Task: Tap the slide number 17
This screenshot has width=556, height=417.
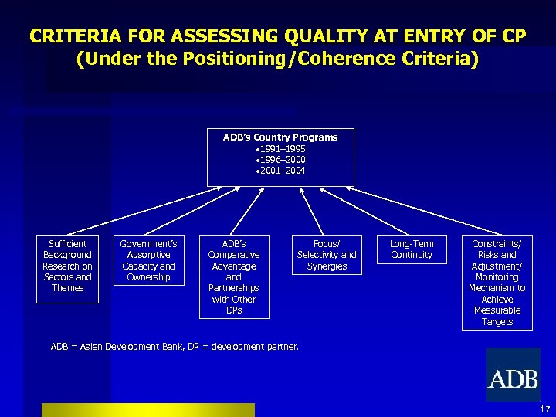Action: tap(545, 409)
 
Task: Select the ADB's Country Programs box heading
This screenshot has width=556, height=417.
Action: tap(280, 137)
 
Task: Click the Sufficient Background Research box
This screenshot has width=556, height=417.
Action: tap(68, 266)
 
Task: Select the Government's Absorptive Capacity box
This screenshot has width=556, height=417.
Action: tap(149, 260)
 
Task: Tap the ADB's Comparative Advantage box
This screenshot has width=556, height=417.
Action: tap(234, 276)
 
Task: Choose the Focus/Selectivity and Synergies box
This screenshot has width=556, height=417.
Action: tap(327, 255)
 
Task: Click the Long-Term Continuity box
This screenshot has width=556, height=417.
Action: tap(412, 249)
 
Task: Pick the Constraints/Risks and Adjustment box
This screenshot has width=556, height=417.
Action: tap(497, 282)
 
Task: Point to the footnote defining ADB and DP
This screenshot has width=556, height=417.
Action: tap(175, 347)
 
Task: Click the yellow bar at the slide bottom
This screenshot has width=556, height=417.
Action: tap(147, 409)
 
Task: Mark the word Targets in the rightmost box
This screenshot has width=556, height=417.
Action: tap(497, 322)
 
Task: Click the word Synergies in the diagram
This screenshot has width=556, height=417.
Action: tap(327, 266)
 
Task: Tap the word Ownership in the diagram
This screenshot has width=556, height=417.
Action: tap(149, 277)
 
